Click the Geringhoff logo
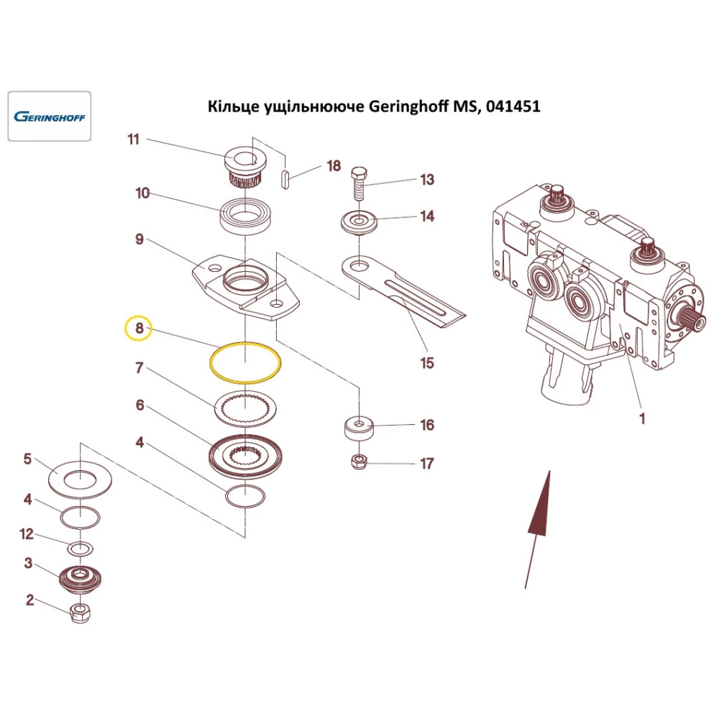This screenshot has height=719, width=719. (49, 116)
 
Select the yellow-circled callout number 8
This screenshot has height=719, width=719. (138, 329)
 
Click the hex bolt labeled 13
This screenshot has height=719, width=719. (359, 184)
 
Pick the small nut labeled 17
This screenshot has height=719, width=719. (360, 462)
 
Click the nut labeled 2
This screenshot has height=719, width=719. (81, 613)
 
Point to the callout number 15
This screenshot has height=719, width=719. (427, 362)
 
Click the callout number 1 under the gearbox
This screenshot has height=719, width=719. (642, 418)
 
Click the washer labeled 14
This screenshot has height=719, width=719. (359, 222)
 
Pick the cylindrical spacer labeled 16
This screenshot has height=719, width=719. (359, 430)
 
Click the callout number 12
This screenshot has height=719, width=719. (27, 533)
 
